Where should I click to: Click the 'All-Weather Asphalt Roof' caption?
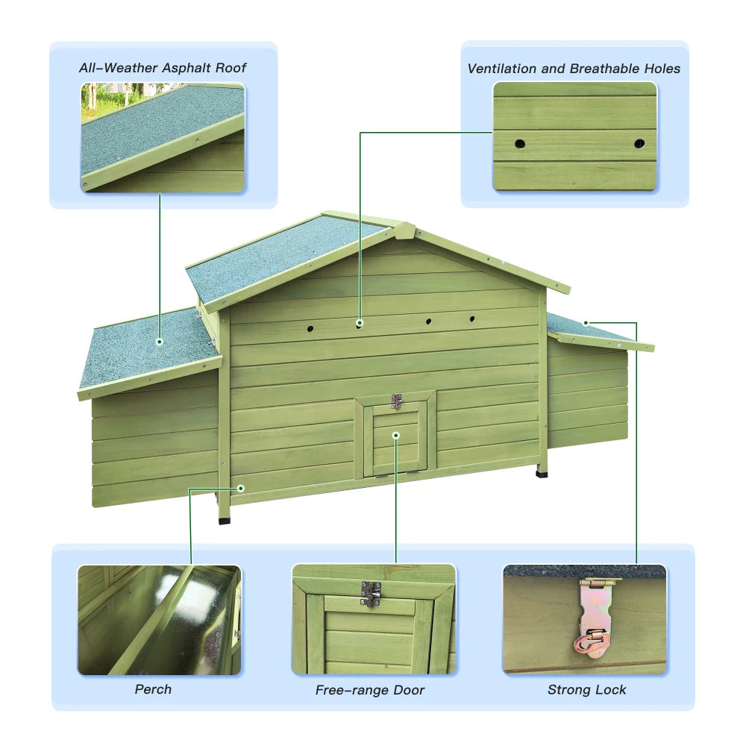(163, 68)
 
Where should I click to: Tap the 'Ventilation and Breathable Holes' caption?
(574, 69)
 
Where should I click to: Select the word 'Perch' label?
(153, 689)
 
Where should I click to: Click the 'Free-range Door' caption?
(370, 690)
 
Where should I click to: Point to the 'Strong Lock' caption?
(587, 690)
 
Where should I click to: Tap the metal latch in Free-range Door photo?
(371, 593)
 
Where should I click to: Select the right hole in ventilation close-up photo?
(639, 142)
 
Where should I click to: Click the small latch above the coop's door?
(396, 401)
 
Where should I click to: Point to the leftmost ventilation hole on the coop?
(310, 327)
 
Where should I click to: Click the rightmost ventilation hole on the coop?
(471, 319)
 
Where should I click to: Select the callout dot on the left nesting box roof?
(160, 341)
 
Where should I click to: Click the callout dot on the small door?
(396, 434)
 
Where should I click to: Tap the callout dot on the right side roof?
(586, 323)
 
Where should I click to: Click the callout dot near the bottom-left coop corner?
(241, 488)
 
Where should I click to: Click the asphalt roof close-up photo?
(163, 138)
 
